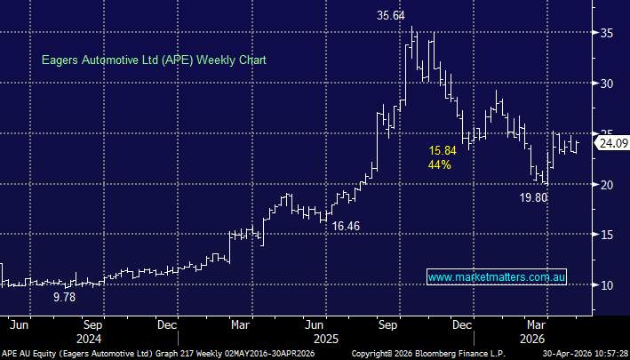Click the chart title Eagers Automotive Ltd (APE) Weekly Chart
(x=155, y=60)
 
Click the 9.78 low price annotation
(x=64, y=297)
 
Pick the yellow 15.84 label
(x=442, y=150)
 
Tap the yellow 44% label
(x=440, y=164)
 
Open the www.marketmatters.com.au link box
(x=497, y=278)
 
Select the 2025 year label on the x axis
(x=324, y=338)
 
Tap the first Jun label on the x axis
(x=18, y=324)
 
